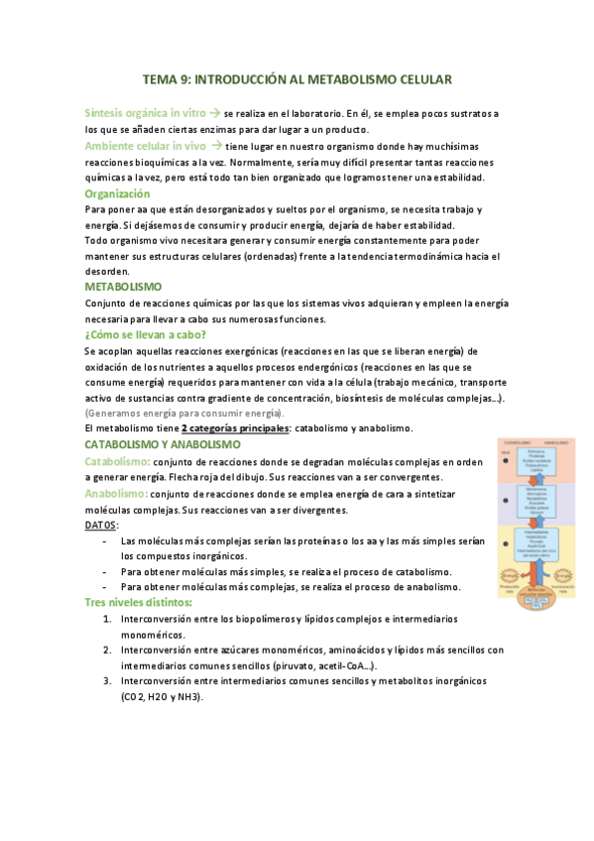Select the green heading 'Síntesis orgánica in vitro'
[145, 114]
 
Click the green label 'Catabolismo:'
[118, 461]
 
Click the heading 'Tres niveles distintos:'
[139, 603]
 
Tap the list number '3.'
[107, 681]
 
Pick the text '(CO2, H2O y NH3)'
[162, 697]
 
